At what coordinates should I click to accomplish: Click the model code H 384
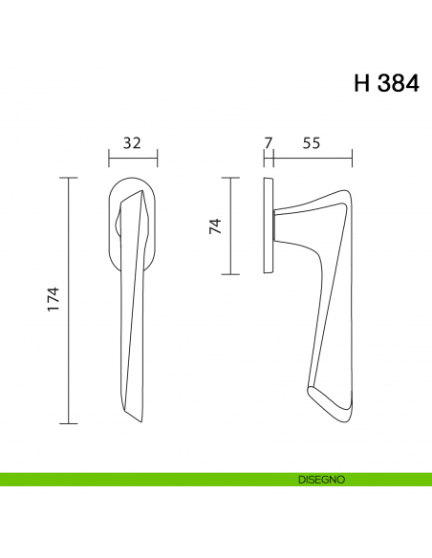[386, 84]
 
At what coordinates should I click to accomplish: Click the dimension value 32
[132, 143]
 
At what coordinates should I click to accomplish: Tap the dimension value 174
[53, 299]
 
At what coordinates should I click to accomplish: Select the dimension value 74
[215, 226]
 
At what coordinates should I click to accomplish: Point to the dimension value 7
[269, 143]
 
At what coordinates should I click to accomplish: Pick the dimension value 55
[312, 143]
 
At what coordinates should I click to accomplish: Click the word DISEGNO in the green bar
[322, 480]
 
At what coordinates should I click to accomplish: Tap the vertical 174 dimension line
[68, 300]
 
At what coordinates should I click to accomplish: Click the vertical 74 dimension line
[230, 226]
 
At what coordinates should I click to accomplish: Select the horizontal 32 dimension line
[133, 159]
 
